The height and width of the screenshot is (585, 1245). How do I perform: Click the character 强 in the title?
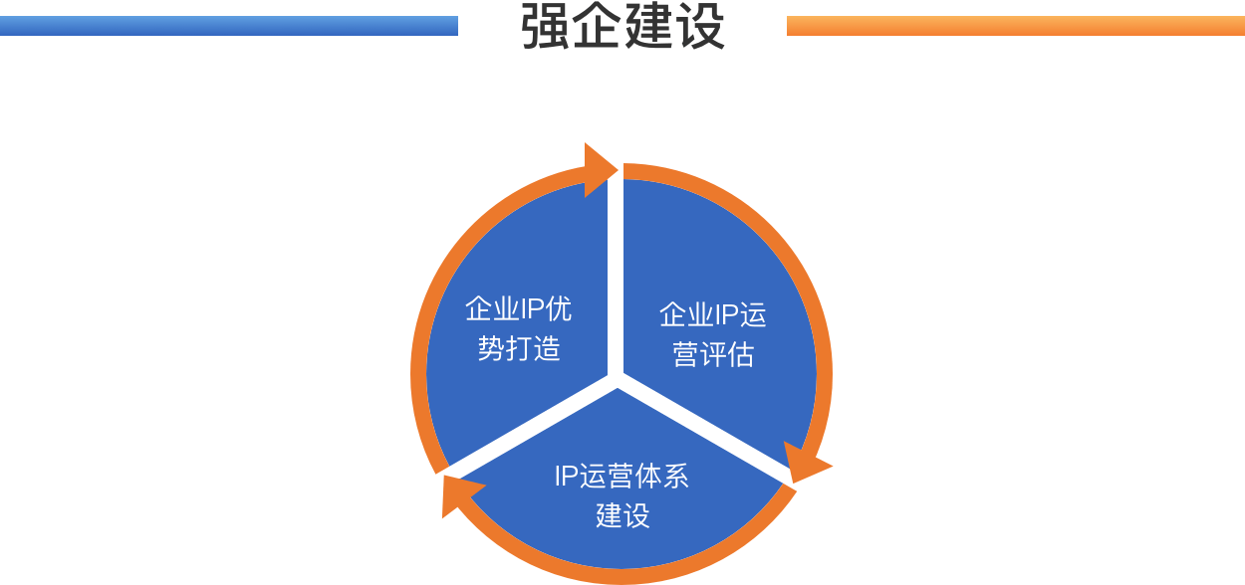(x=546, y=27)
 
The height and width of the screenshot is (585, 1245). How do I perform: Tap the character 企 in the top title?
(x=598, y=27)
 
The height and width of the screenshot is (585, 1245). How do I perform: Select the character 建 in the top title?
(x=649, y=27)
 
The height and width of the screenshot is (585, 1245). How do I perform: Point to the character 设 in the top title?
(x=701, y=27)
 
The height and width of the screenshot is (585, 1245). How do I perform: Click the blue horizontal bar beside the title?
(x=229, y=26)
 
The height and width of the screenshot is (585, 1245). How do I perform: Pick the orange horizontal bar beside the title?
(x=1016, y=26)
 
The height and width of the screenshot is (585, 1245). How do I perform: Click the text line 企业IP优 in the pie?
(x=518, y=309)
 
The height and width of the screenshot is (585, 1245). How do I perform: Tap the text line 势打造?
(x=518, y=348)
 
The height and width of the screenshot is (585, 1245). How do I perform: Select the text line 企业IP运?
(x=712, y=315)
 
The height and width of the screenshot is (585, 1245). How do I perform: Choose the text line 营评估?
(x=712, y=355)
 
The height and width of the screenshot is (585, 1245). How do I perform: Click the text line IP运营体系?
(x=622, y=477)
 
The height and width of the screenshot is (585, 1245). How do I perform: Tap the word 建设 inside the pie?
(x=622, y=515)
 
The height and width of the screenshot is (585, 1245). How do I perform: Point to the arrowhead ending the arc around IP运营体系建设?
(x=459, y=494)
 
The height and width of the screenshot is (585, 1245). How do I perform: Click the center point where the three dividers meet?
(x=616, y=379)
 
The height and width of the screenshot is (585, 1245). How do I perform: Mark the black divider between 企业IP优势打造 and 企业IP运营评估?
(x=616, y=279)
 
